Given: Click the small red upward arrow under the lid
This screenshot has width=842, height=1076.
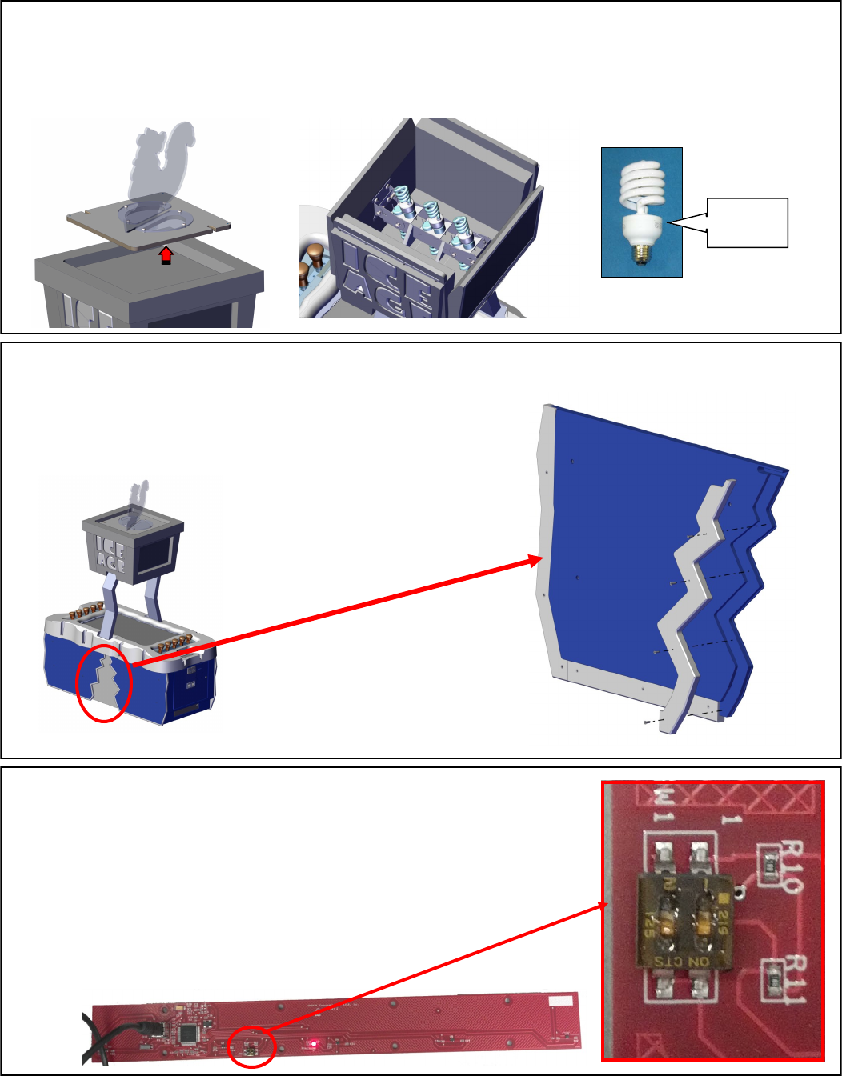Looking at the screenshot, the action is pyautogui.click(x=166, y=255).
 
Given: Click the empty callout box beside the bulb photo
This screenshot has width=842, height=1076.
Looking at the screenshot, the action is pyautogui.click(x=748, y=222).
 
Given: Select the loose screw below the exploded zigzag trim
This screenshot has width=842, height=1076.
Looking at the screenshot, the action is pyautogui.click(x=646, y=722).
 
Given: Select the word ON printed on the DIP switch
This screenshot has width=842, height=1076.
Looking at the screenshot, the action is pyautogui.click(x=699, y=961).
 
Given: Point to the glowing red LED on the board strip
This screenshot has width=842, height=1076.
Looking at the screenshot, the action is pyautogui.click(x=315, y=1043).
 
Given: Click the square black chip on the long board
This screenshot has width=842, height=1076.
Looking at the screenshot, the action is pyautogui.click(x=190, y=1033).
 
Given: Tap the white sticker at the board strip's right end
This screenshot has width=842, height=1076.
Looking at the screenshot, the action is pyautogui.click(x=560, y=1001).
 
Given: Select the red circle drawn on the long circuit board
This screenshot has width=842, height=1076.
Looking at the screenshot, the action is pyautogui.click(x=251, y=1046).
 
